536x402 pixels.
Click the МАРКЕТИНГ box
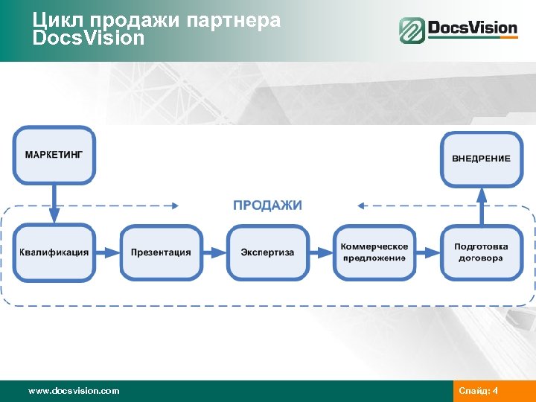(54, 156)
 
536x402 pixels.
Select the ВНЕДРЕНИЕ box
(481, 159)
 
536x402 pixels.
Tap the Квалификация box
(54, 252)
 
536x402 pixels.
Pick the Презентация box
(161, 252)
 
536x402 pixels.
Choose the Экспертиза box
(267, 252)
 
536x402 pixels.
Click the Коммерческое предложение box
(374, 252)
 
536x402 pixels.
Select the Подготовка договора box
(481, 252)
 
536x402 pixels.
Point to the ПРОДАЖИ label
(267, 205)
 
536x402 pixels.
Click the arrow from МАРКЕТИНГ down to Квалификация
(54, 202)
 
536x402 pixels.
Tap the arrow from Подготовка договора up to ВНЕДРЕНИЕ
(481, 205)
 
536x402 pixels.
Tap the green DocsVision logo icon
(412, 31)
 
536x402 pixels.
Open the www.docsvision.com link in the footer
(73, 391)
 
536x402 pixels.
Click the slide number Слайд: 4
(479, 391)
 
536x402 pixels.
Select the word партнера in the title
(239, 21)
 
